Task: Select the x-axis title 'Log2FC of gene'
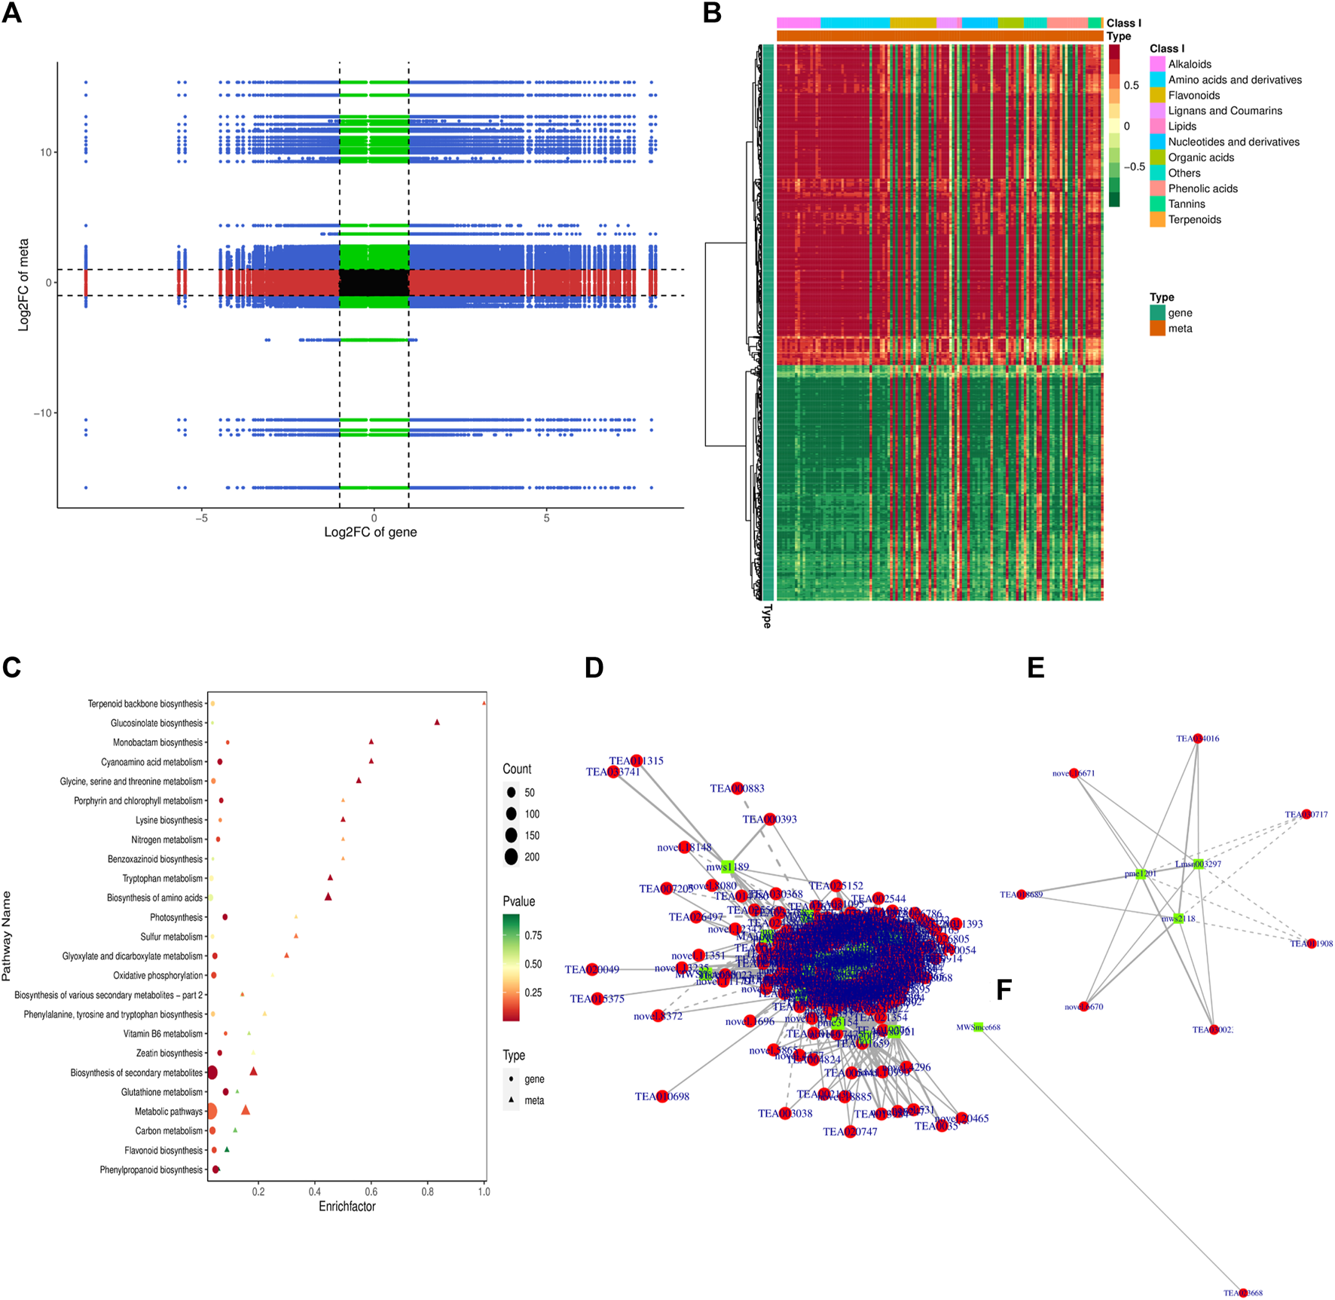coord(370,532)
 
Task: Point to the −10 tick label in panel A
coord(42,413)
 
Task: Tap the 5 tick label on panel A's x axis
coord(547,518)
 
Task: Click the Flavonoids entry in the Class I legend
coord(1193,96)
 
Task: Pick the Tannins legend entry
coord(1186,204)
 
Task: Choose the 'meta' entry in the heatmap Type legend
coord(1180,329)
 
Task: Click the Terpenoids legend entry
coord(1194,220)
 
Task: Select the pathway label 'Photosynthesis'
coord(176,917)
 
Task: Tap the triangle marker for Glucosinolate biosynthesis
coord(437,723)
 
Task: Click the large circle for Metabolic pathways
coord(212,1111)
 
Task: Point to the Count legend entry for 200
coord(512,857)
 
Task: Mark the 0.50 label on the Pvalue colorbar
coord(533,964)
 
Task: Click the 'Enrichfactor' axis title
coord(347,1207)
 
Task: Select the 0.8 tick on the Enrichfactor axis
coord(428,1192)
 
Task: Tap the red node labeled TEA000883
coord(738,788)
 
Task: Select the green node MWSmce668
coord(979,1026)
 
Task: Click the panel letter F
coord(1004,990)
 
